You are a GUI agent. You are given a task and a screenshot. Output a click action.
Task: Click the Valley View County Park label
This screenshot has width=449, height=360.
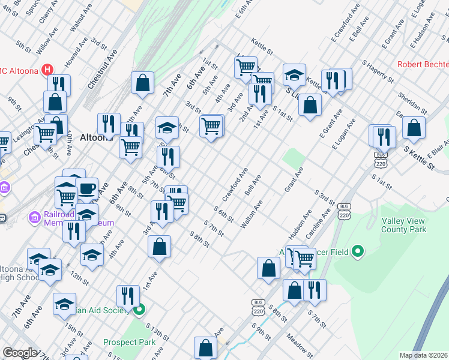404,225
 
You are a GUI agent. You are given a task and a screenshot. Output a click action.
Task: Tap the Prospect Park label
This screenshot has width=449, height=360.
129,342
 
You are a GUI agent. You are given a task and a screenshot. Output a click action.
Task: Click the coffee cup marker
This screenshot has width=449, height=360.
87,188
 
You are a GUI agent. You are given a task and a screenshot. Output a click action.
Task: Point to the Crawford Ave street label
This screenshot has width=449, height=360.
235,185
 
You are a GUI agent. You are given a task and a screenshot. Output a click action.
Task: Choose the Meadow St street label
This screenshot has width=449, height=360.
300,344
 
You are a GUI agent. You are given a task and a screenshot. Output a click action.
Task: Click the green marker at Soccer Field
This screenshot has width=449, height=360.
358,251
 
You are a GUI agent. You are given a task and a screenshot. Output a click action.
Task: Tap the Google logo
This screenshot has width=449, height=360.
20,353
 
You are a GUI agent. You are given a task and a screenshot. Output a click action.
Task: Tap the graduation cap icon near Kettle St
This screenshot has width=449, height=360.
294,75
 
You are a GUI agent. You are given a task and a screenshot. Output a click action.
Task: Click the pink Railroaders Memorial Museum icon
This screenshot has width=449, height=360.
34,215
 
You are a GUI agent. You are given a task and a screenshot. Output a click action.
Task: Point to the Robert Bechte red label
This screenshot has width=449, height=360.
422,64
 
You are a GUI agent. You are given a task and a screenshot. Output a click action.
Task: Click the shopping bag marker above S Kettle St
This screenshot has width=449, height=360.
414,128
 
